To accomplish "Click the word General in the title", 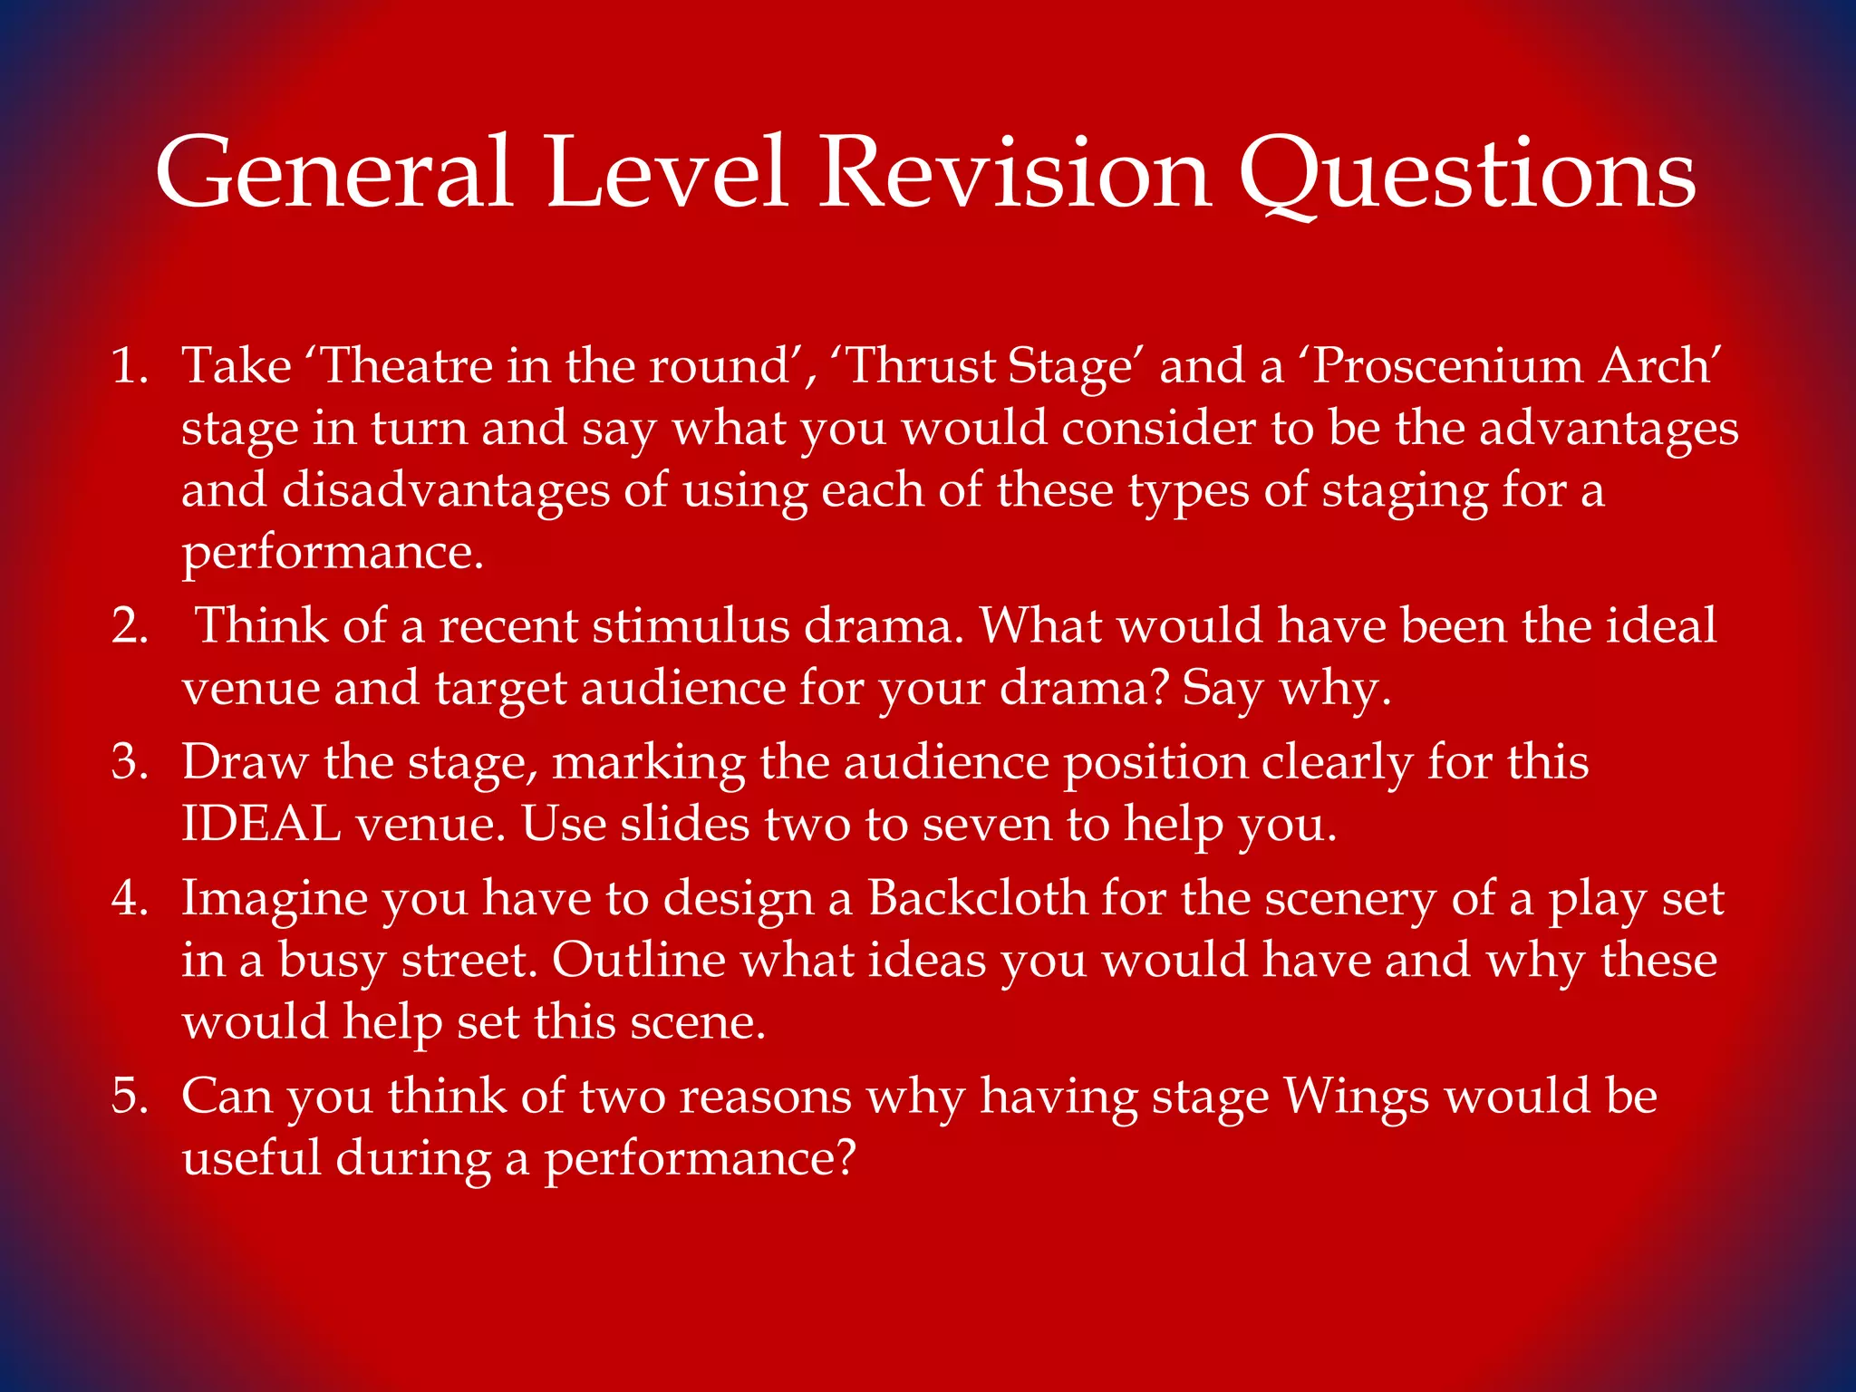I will click(x=333, y=172).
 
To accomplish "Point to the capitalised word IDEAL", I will click(x=261, y=825).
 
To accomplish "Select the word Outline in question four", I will click(x=638, y=960).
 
